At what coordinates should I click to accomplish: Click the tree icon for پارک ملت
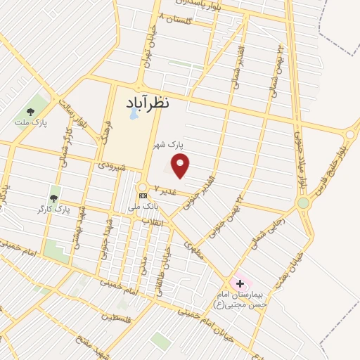pyautogui.click(x=30, y=111)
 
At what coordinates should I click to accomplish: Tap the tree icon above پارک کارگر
pyautogui.click(x=53, y=190)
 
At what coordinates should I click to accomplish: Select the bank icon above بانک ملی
pyautogui.click(x=143, y=195)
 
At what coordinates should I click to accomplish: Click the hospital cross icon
pyautogui.click(x=240, y=283)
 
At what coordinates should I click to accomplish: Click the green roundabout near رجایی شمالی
pyautogui.click(x=303, y=203)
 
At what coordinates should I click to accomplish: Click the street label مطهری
pyautogui.click(x=193, y=250)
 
